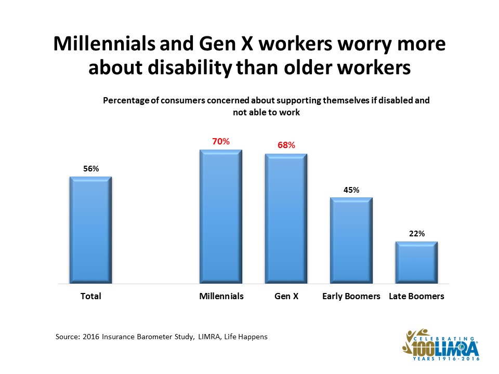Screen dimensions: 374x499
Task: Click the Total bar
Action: [90, 230]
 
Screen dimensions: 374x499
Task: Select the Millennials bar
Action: [221, 217]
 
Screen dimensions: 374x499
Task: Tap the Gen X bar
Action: [286, 219]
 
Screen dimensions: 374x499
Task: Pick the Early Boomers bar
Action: [351, 241]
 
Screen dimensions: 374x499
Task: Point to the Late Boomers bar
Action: [416, 263]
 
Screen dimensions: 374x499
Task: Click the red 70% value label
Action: [220, 141]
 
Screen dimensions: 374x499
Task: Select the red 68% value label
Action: [286, 145]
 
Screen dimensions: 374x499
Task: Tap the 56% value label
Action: [91, 168]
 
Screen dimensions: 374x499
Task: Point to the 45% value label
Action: [351, 190]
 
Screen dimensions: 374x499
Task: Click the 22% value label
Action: [417, 234]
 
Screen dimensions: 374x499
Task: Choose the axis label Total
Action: [90, 297]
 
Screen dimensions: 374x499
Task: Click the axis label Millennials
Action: [221, 297]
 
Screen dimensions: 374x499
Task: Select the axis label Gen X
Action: [286, 297]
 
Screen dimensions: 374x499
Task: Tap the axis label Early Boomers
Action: [351, 297]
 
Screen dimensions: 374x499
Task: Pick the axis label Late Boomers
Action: [417, 297]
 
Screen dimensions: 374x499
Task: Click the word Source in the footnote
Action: [67, 337]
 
